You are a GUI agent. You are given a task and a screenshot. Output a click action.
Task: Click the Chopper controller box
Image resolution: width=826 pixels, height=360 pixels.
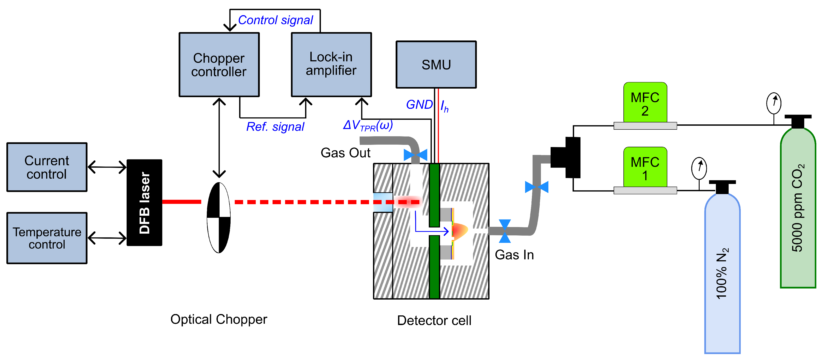click(x=219, y=64)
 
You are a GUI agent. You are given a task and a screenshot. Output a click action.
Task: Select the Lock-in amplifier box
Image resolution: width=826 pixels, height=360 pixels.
click(x=331, y=64)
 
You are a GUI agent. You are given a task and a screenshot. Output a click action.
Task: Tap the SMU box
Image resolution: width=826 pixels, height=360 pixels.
click(x=436, y=64)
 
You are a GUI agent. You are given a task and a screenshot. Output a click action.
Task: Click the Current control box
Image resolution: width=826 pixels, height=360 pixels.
click(x=47, y=167)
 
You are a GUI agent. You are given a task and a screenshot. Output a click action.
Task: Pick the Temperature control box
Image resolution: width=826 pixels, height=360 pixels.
click(x=47, y=238)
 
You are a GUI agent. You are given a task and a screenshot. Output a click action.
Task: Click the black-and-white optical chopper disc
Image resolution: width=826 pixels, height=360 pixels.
click(x=219, y=218)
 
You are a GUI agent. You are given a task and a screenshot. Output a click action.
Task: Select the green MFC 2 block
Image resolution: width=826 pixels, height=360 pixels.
click(x=645, y=103)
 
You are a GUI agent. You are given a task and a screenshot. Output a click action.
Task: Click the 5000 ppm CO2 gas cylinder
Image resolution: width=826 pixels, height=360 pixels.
click(x=798, y=208)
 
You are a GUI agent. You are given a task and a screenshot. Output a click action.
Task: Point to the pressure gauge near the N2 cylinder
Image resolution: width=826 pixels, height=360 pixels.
click(x=699, y=168)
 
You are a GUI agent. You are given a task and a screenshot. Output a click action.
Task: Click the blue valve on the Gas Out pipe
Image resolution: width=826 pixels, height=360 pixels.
click(x=416, y=155)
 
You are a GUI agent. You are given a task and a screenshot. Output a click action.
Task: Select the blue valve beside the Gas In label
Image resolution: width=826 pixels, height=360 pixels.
click(x=505, y=231)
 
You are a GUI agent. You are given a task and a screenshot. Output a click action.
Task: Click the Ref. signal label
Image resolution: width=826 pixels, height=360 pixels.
click(x=275, y=127)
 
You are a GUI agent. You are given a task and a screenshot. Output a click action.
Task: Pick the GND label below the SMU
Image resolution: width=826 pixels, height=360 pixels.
click(x=419, y=105)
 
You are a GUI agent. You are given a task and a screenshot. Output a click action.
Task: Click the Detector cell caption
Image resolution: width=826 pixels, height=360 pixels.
click(x=434, y=320)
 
